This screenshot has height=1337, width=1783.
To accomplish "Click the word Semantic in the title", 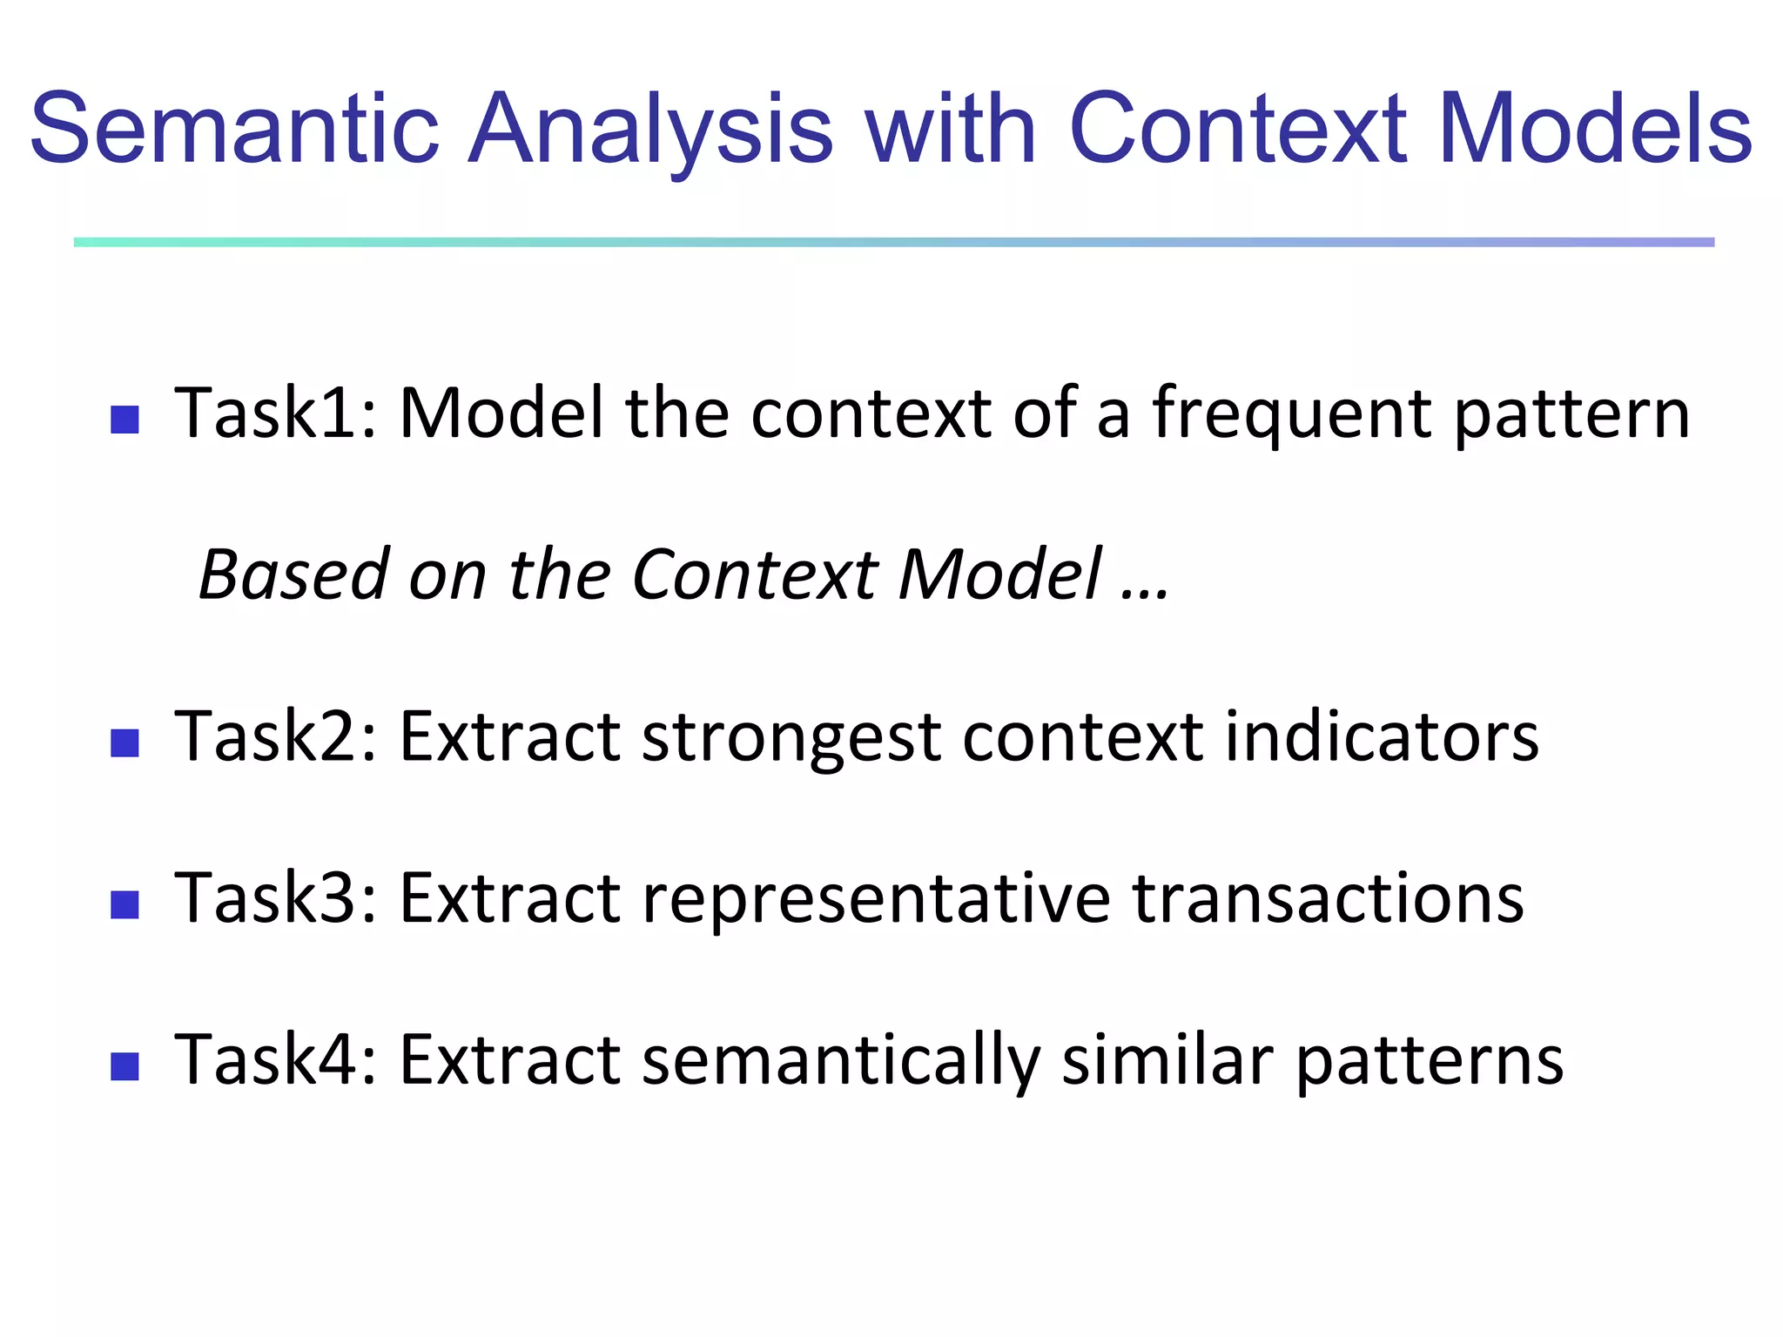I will point(235,129).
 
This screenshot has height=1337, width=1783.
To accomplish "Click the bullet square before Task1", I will point(125,420).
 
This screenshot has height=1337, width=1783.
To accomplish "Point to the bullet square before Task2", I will point(125,743).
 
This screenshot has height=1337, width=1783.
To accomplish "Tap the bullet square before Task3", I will point(125,905).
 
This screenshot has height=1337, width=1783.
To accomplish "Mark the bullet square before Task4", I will point(125,1066).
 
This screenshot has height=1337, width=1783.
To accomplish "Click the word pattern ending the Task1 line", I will point(1572,414).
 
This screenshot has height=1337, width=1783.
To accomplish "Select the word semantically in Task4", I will point(840,1061).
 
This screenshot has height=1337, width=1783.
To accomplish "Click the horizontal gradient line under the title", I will point(893,242).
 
